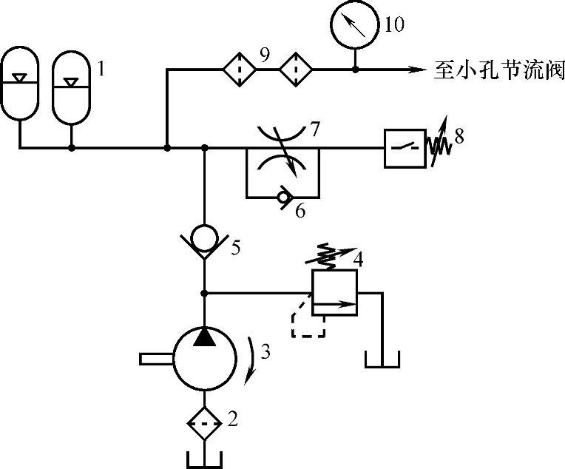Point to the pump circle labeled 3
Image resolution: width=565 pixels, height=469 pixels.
click(x=203, y=358)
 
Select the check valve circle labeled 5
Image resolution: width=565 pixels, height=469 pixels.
click(x=203, y=238)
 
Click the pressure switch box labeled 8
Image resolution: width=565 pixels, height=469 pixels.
click(x=404, y=148)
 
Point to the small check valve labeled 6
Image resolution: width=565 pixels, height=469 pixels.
click(x=282, y=198)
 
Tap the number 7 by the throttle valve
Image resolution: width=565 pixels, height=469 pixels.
click(x=314, y=130)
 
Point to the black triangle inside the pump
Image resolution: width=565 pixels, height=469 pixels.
click(x=203, y=337)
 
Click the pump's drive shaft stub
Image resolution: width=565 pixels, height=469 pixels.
click(x=155, y=359)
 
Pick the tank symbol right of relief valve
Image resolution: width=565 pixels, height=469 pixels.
click(x=382, y=360)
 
